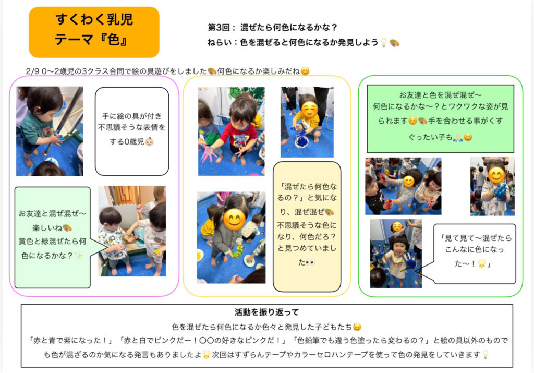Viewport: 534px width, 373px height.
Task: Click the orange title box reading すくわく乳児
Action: [94, 32]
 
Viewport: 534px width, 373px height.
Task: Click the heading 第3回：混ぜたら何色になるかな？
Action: [272, 27]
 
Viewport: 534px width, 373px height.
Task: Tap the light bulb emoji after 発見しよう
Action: [384, 43]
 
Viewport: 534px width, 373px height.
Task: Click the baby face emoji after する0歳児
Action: [149, 141]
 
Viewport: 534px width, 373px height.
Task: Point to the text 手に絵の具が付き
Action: [132, 116]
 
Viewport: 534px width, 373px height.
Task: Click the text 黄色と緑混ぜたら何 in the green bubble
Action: [52, 242]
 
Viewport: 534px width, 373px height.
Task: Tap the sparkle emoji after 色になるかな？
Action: [78, 256]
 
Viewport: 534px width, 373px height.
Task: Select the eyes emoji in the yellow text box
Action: [310, 262]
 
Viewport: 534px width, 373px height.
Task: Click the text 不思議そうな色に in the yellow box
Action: [307, 225]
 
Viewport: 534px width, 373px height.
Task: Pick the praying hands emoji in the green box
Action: [458, 137]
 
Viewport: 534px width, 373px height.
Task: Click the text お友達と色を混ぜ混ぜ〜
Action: [440, 95]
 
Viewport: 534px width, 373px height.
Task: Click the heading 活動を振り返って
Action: [266, 312]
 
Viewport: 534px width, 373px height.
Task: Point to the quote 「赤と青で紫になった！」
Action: [71, 340]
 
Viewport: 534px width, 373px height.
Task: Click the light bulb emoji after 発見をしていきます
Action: [486, 355]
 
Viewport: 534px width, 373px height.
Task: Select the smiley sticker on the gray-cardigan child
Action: [234, 219]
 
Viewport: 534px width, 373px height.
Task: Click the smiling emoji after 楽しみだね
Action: [306, 71]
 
